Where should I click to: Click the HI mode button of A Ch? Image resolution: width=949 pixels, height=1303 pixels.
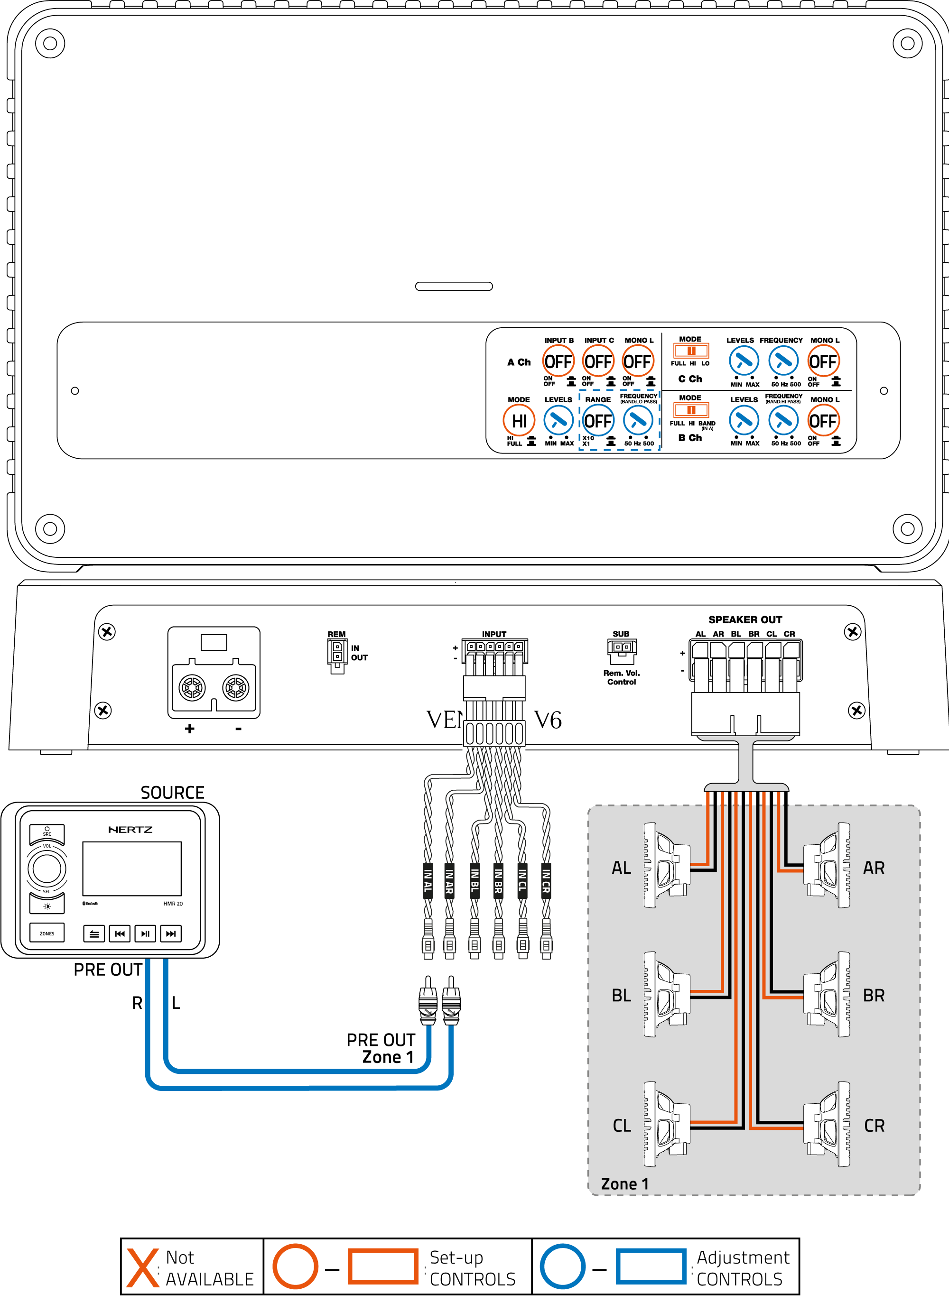coord(519,421)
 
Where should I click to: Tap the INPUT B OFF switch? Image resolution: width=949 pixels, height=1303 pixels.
coord(558,361)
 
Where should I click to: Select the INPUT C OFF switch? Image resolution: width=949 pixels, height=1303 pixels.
coord(598,361)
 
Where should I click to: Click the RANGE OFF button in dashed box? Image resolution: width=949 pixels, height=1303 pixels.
coord(598,421)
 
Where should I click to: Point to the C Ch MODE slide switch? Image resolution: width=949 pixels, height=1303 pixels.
coord(691,351)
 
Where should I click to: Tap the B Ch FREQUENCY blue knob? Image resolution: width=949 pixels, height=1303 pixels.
coord(783,421)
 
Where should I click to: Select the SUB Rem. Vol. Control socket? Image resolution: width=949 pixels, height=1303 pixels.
coord(622,650)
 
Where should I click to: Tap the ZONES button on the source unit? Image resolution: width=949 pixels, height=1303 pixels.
coord(47,933)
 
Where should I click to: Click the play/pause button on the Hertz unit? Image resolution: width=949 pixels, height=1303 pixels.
coord(145,933)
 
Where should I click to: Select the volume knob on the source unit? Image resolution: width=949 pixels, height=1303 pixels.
coord(47,868)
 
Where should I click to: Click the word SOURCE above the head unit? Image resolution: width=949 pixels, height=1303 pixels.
coord(172,792)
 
